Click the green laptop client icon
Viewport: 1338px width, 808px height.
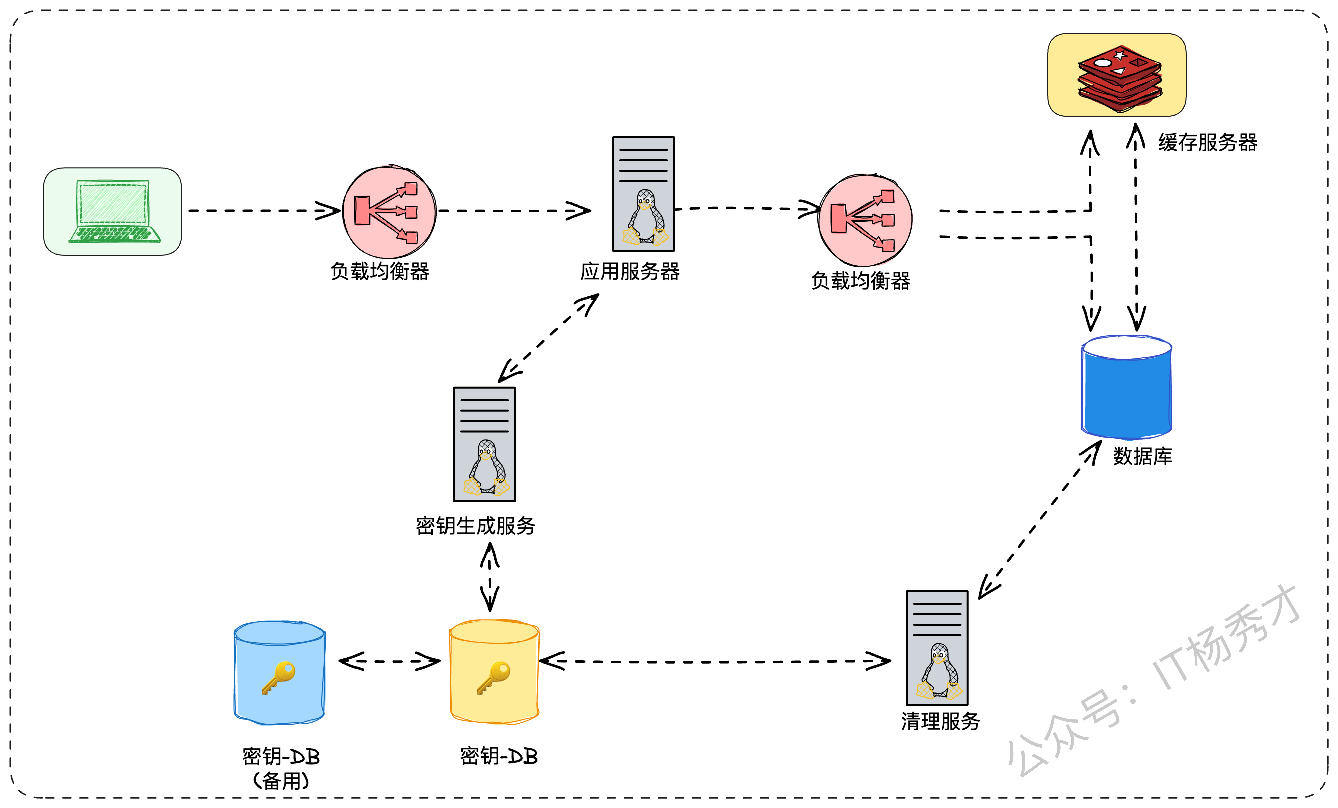pos(114,211)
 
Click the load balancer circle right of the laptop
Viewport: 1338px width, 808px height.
pos(389,211)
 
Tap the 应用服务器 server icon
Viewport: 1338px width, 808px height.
pos(644,194)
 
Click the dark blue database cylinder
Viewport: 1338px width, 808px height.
pos(1127,387)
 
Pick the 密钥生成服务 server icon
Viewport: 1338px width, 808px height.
pos(485,444)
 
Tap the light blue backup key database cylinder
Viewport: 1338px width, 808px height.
pos(280,673)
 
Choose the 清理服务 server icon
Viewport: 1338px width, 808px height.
pos(937,648)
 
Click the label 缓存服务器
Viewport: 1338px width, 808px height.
pos(1208,142)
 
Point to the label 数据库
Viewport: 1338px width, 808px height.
pos(1142,456)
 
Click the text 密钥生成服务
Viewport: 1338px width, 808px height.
pos(476,526)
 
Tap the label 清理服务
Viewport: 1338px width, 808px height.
pos(941,721)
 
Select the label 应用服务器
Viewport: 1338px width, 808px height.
pos(630,271)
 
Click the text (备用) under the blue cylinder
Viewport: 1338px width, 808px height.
pos(281,781)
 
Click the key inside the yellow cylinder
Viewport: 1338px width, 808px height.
pos(493,678)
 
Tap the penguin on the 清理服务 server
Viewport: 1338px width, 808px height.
pos(940,671)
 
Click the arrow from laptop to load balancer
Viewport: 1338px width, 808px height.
pos(264,211)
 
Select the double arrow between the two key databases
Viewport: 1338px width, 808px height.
pos(389,661)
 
